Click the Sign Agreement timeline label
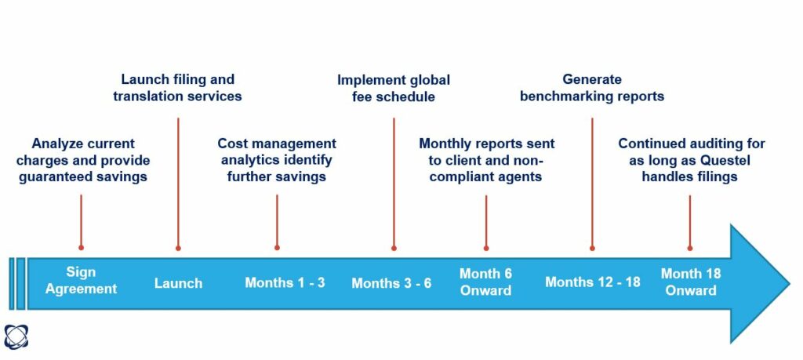click(81, 280)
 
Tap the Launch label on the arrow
click(178, 283)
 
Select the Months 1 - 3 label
click(285, 282)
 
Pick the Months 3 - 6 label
click(391, 283)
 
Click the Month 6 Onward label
click(485, 282)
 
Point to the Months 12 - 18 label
click(593, 282)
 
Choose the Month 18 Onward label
click(690, 282)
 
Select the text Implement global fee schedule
click(394, 88)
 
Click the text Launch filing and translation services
click(178, 88)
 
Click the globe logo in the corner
click(16, 336)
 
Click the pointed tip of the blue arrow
click(789, 283)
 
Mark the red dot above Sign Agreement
click(81, 247)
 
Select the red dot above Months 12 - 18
click(592, 249)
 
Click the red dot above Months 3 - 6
click(394, 249)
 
